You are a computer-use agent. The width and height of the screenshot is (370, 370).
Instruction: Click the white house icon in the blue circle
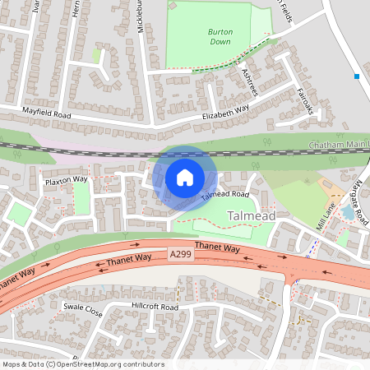(x=185, y=178)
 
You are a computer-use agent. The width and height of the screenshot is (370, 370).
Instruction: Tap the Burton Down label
(x=220, y=35)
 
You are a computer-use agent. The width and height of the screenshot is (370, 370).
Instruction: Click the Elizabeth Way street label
(x=225, y=112)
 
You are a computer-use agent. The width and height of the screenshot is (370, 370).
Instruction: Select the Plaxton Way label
(x=67, y=179)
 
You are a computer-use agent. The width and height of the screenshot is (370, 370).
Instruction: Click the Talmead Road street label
(x=224, y=195)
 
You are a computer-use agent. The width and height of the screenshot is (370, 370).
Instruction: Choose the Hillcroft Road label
(x=155, y=307)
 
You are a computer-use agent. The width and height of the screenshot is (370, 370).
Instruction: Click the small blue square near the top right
(x=357, y=76)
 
